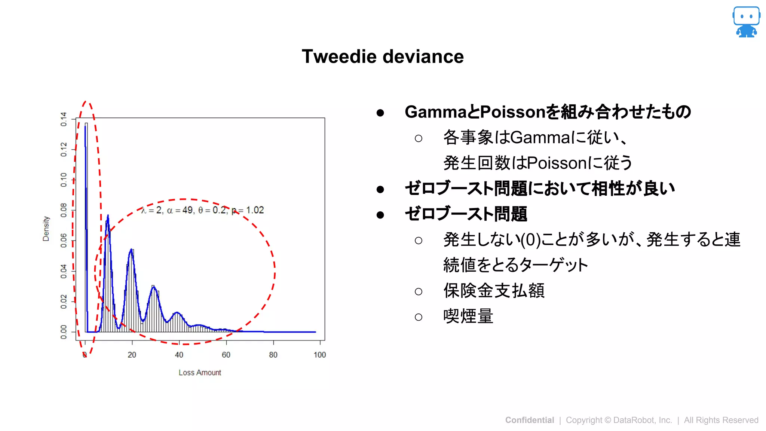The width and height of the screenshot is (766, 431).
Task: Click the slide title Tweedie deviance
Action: tap(383, 56)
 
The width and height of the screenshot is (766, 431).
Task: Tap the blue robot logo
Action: tap(746, 22)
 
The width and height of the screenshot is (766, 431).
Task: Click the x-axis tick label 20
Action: tap(132, 355)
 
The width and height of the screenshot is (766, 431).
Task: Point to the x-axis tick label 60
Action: tap(226, 355)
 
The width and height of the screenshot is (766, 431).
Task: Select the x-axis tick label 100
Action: tap(320, 355)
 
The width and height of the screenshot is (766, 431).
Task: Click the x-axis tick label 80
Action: tap(273, 355)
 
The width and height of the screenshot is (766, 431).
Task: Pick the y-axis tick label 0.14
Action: tap(64, 119)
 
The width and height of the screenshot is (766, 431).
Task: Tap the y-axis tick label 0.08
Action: tap(64, 210)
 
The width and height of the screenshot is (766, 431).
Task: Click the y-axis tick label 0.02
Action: tap(64, 302)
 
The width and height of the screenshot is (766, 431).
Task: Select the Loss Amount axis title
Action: tap(200, 373)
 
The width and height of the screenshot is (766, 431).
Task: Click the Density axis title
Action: tap(46, 229)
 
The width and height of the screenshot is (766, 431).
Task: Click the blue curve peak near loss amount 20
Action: tap(131, 250)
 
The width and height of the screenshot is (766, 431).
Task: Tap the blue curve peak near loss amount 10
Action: tap(108, 216)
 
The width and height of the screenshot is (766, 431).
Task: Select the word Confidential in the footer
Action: tap(529, 420)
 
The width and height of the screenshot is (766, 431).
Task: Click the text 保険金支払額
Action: tap(494, 291)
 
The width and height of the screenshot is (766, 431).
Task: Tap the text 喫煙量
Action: tap(468, 316)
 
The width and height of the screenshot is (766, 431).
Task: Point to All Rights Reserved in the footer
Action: tap(721, 420)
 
